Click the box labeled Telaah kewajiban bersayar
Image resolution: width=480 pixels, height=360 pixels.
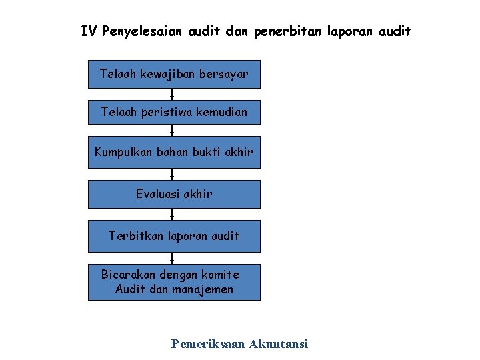point(174,74)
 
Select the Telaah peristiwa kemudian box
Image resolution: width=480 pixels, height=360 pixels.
point(174,112)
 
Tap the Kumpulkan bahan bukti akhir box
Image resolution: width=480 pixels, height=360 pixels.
point(174,151)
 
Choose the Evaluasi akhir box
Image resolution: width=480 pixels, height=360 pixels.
point(174,194)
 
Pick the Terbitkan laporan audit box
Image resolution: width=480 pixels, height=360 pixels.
point(174,236)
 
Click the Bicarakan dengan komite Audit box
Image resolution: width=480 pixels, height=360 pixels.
point(174,282)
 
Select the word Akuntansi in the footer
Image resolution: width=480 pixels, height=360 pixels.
point(278,344)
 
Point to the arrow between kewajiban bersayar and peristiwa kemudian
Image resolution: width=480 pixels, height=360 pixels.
point(173,94)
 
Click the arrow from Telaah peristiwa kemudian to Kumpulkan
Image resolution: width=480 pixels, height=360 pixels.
point(173,131)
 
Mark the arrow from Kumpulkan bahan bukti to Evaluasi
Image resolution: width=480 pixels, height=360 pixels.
point(173,173)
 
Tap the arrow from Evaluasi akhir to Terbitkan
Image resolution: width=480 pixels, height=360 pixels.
point(173,214)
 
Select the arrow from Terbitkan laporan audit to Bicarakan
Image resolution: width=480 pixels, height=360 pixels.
point(173,258)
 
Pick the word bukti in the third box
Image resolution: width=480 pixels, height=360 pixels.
point(207,151)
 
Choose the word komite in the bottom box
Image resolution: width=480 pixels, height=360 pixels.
point(220,275)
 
